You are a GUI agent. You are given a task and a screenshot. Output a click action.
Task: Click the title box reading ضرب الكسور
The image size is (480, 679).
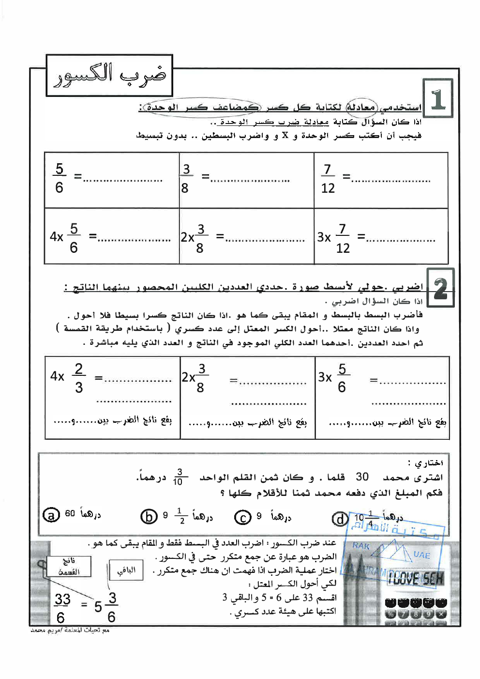tap(109, 76)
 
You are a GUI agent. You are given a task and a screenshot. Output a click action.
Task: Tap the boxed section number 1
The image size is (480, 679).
tap(438, 98)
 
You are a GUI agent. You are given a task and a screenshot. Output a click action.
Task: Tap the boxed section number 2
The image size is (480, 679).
tap(440, 288)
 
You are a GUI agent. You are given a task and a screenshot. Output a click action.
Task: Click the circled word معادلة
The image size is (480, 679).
tap(361, 107)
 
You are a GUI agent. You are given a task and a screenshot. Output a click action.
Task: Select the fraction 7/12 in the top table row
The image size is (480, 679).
tap(328, 178)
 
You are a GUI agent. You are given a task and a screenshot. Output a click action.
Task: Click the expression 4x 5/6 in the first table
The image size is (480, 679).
tap(64, 237)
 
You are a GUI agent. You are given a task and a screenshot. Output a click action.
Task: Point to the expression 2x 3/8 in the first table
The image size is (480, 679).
tap(195, 237)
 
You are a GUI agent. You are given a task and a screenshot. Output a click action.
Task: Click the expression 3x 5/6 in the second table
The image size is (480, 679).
tap(333, 377)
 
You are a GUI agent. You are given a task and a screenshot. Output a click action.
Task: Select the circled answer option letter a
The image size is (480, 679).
tap(51, 515)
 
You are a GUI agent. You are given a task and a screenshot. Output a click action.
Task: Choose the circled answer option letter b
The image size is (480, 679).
tap(149, 517)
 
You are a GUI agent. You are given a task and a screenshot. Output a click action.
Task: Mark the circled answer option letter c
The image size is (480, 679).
tap(242, 517)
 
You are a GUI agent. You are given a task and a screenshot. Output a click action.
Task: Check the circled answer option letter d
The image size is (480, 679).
tap(340, 519)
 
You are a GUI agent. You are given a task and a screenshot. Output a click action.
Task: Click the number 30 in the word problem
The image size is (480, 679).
tap(362, 477)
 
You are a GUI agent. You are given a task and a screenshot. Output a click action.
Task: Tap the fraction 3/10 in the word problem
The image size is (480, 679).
tap(179, 477)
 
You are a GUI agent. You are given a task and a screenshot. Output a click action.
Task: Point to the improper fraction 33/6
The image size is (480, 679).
tap(61, 608)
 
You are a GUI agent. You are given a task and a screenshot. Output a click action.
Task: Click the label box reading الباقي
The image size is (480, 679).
tap(126, 570)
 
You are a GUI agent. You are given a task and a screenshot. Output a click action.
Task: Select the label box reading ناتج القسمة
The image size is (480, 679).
tap(69, 566)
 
